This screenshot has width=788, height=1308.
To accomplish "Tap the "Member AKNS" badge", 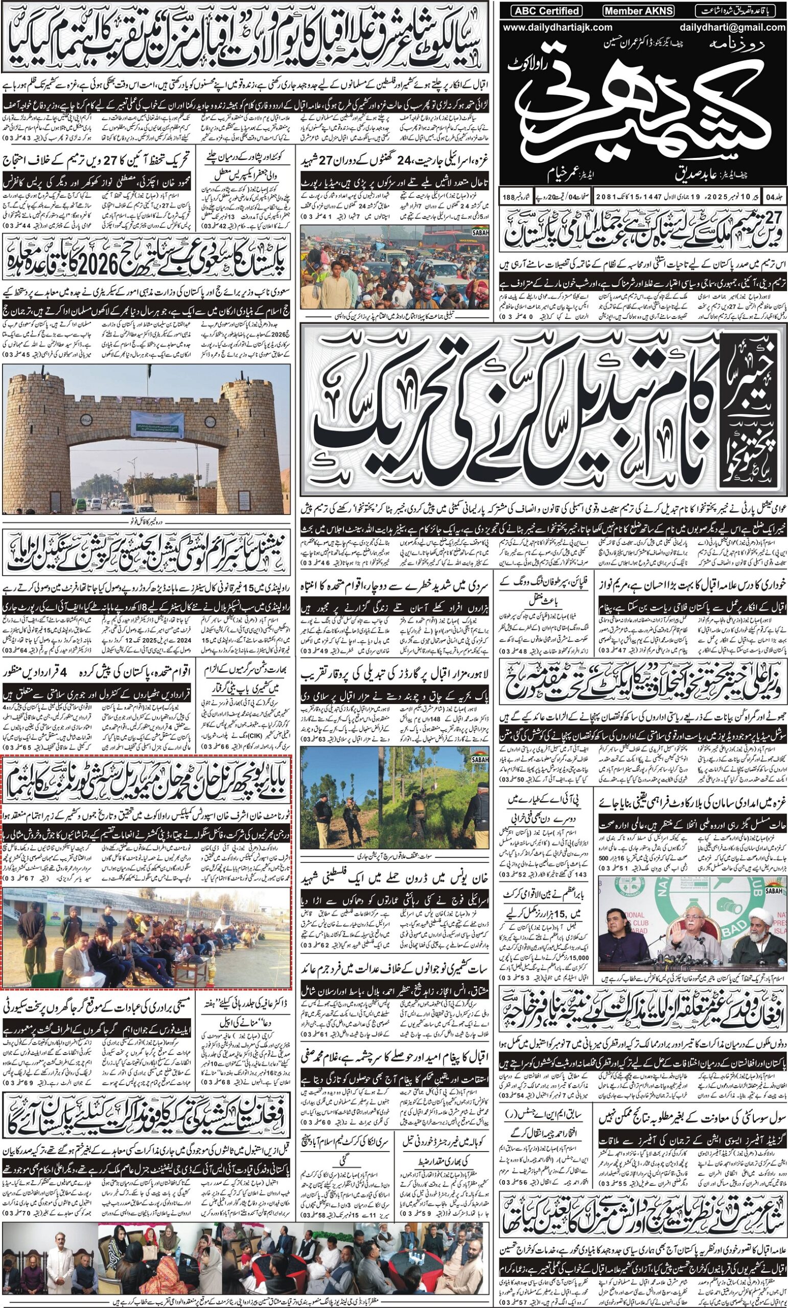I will [x=638, y=10].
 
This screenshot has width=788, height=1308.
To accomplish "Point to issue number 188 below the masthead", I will [x=512, y=197].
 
